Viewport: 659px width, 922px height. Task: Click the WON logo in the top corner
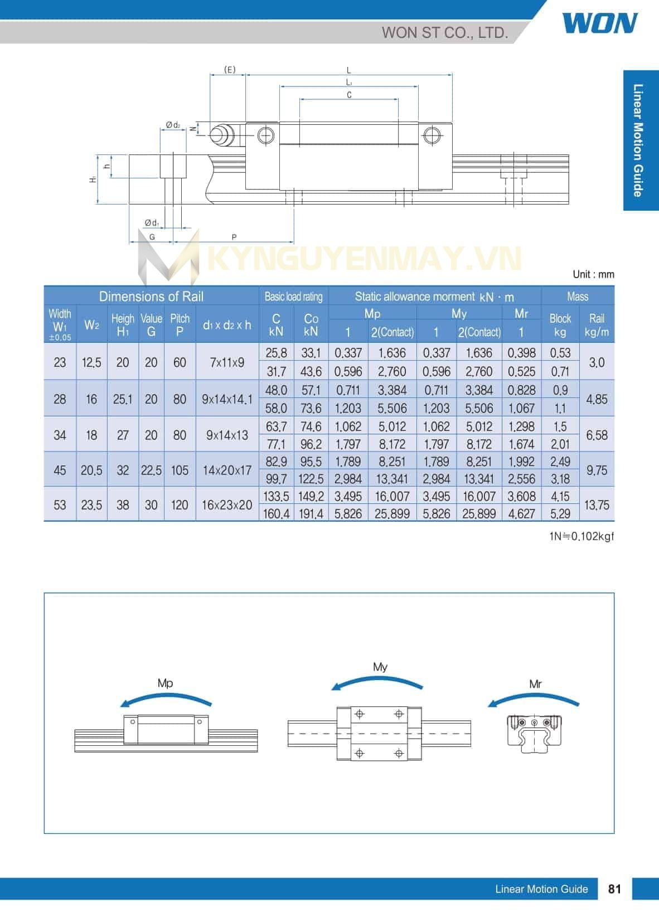[x=600, y=23]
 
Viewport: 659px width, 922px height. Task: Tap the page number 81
[x=614, y=889]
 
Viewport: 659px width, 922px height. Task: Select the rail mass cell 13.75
[x=597, y=505]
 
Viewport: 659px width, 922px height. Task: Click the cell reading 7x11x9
[x=227, y=362]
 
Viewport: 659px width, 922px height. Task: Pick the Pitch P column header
[x=180, y=324]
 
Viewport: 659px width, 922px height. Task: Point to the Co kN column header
[x=311, y=324]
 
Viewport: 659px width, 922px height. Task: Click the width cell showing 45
[x=60, y=470]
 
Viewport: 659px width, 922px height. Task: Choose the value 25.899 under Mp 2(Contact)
[x=392, y=513]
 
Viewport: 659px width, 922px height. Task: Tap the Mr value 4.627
[x=521, y=513]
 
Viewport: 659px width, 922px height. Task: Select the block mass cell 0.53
[x=560, y=353]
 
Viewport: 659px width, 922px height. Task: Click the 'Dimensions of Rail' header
[x=151, y=296]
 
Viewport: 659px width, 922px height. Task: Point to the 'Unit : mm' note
[x=593, y=274]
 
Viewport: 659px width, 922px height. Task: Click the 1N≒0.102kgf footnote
[x=582, y=536]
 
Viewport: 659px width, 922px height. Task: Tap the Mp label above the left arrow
[x=165, y=683]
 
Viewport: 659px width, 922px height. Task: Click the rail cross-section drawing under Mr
[x=534, y=732]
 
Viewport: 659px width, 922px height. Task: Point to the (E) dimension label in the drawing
[x=230, y=70]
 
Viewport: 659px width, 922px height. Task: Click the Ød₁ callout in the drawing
[x=152, y=223]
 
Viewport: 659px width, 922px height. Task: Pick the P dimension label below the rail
[x=234, y=237]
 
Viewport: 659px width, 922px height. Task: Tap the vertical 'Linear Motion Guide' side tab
[x=639, y=140]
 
